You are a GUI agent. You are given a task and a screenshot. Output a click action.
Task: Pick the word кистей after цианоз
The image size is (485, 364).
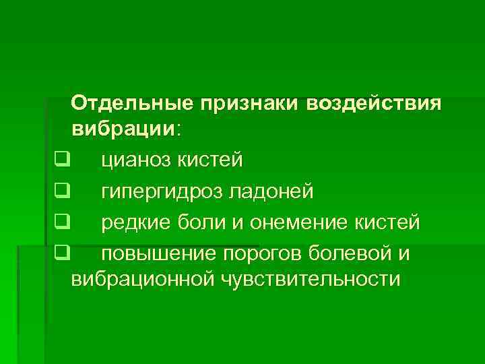(212, 160)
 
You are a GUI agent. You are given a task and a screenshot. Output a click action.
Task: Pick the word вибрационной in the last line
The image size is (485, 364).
(141, 278)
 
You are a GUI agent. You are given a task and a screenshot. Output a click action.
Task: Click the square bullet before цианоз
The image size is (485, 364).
(63, 160)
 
